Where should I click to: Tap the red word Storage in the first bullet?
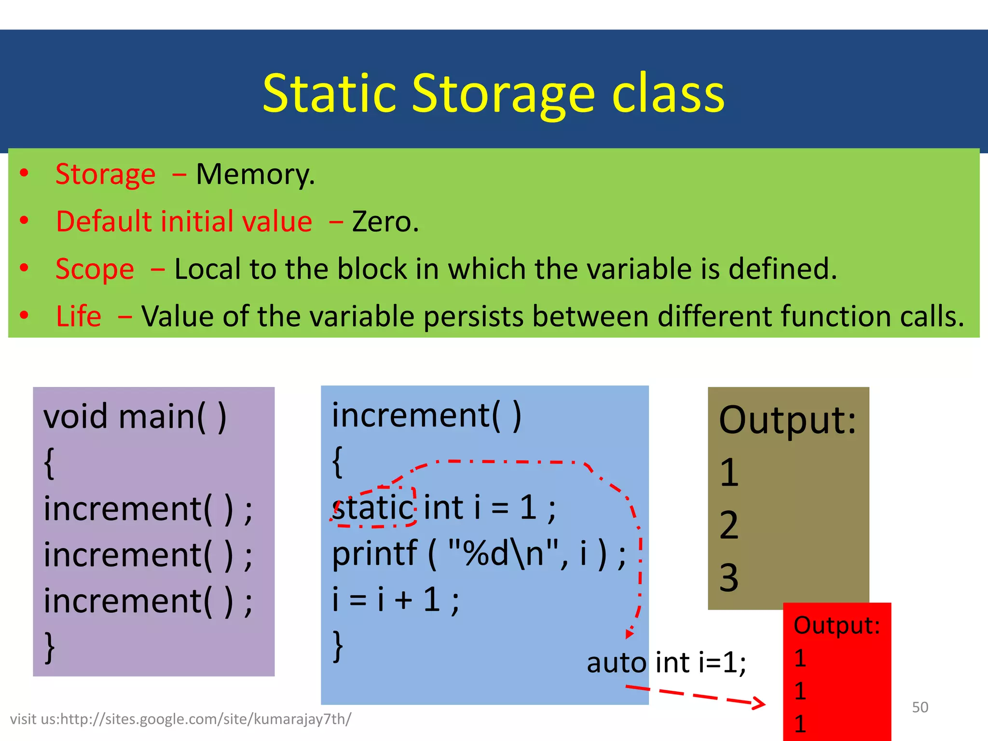[106, 174]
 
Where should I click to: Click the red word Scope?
[95, 269]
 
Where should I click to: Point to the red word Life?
[79, 316]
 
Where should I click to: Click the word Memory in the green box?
[255, 174]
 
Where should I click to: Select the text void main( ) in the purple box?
[135, 416]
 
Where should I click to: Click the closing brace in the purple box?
[49, 646]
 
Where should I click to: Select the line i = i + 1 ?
[396, 600]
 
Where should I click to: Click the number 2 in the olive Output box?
[728, 525]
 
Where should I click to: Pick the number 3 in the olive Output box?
[728, 577]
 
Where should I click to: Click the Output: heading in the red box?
[837, 625]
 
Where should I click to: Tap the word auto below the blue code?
[616, 662]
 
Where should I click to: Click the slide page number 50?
[920, 707]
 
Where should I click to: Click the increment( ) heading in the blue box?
[426, 415]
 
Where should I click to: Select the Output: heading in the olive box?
[787, 420]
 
